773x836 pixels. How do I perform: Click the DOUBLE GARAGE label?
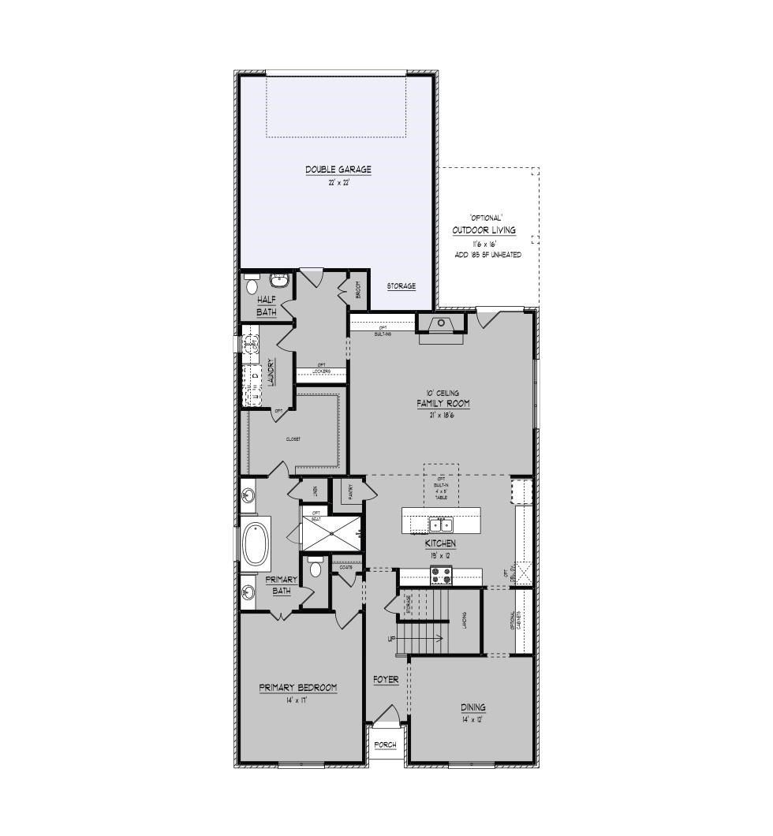338,170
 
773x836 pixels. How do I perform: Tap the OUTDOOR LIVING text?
484,230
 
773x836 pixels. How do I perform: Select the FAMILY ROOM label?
443,404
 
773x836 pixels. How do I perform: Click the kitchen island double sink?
440,524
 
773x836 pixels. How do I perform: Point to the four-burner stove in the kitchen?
440,577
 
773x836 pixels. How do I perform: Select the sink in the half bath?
279,281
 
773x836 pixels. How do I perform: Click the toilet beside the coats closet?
316,567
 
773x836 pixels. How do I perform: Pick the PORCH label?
386,745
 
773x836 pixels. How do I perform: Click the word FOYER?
386,680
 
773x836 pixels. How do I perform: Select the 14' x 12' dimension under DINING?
472,720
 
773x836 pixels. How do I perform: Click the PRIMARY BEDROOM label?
298,688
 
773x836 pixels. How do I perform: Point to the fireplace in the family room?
443,323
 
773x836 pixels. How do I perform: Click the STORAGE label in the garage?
401,286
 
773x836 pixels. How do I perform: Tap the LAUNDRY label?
270,372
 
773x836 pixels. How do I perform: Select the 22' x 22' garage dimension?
338,183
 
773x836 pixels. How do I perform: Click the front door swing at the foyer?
386,716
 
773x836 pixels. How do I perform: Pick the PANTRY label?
349,493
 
